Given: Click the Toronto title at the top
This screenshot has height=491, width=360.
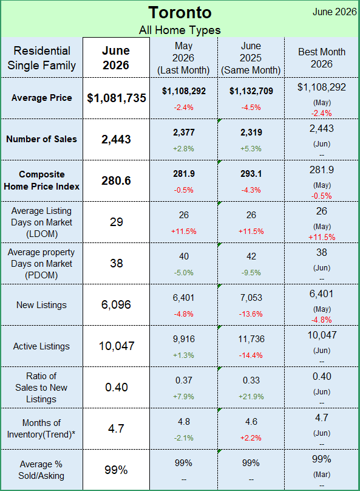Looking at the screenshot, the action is coord(180,13).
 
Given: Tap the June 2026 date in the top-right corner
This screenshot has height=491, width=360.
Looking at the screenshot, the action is coord(335,12).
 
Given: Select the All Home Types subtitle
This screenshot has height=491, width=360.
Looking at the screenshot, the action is coord(180,30).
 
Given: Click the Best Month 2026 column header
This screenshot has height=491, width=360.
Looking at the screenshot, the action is coord(322,58).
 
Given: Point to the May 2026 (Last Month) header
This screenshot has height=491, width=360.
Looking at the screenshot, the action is coord(183,58).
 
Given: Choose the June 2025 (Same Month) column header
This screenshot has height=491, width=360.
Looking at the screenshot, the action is coord(251,58).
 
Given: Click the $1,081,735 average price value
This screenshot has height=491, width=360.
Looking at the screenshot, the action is coord(117,98).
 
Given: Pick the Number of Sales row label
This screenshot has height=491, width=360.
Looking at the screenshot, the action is coord(42,139).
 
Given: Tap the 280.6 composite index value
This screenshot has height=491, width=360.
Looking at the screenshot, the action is coord(116,180).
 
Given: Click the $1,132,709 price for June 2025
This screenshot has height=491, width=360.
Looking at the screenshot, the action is coord(251,91).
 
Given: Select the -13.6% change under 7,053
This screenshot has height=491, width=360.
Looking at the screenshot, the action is coord(251,314).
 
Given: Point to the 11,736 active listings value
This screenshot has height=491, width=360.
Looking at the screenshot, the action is coord(251,339).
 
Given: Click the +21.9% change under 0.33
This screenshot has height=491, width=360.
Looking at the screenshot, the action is coord(251,397).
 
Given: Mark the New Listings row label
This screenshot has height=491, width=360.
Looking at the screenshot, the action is coord(42,305).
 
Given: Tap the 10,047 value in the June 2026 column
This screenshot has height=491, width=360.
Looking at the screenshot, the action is coord(117,346).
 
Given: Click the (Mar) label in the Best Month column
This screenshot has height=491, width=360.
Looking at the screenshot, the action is coord(322,475).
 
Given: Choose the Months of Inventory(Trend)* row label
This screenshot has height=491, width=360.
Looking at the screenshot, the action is coord(41,428).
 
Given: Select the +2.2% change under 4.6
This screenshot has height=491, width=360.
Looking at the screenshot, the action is coord(251,438).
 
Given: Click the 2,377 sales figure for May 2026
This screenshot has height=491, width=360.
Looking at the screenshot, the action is coord(184,132).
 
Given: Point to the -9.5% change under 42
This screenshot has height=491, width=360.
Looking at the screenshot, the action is coord(251,273).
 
